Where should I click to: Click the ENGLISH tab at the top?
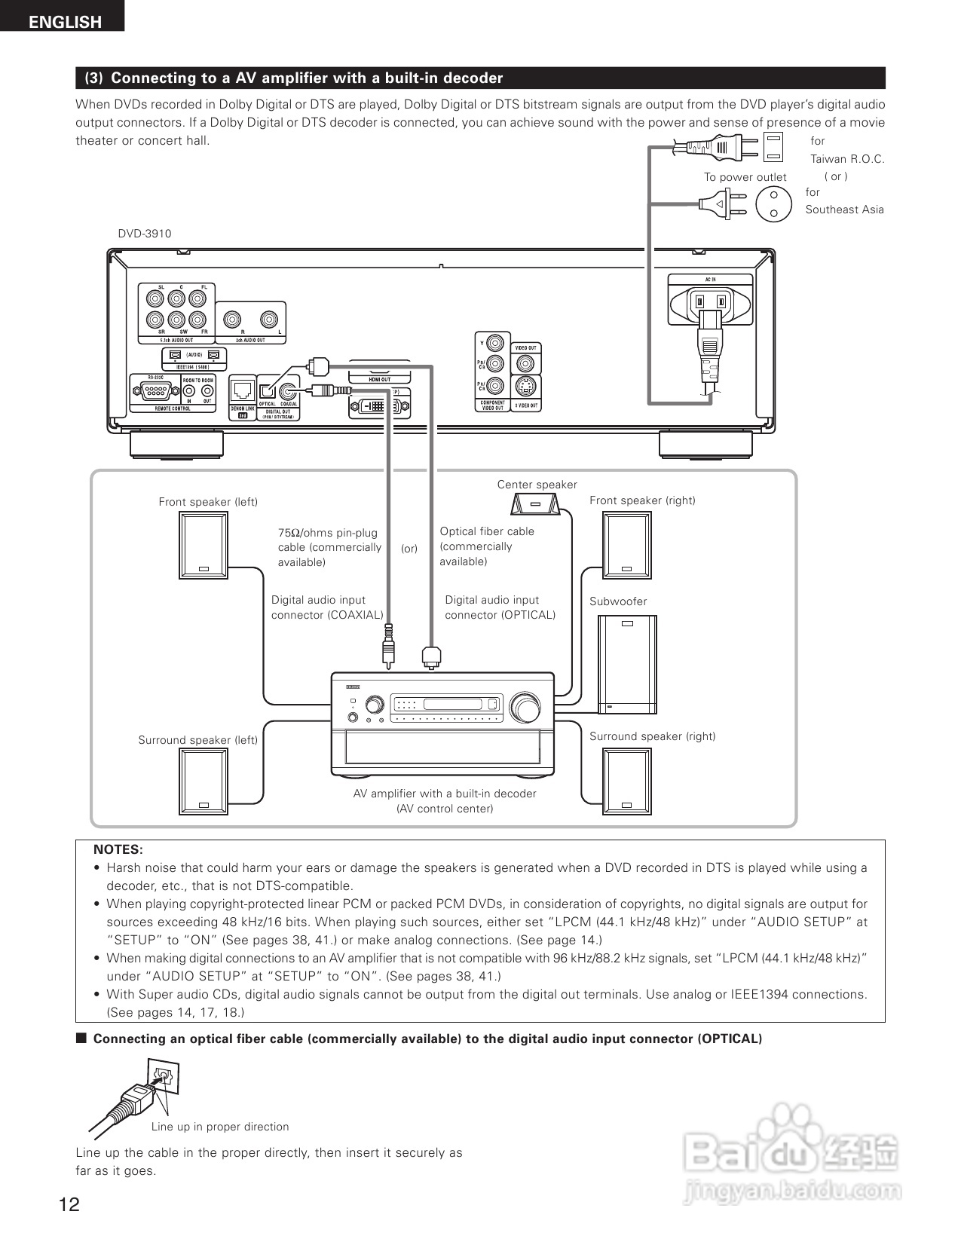(x=64, y=21)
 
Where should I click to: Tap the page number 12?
(x=69, y=1204)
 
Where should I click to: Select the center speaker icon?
(x=536, y=503)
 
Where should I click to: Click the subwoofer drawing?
(x=626, y=664)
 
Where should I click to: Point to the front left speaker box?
(x=204, y=545)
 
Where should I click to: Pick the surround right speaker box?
(x=626, y=782)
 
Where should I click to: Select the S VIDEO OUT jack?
(x=525, y=387)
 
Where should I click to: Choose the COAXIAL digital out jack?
(x=288, y=391)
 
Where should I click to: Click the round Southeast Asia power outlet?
(x=773, y=203)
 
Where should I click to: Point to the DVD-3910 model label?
(x=144, y=234)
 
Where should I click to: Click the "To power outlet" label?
(x=745, y=177)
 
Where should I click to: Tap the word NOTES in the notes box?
(x=118, y=849)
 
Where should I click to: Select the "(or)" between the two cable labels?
(x=409, y=549)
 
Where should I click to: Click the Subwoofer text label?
(x=618, y=601)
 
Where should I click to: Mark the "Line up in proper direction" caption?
(x=219, y=1127)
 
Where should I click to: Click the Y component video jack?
(x=494, y=344)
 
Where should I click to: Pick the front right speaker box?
(x=626, y=545)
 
